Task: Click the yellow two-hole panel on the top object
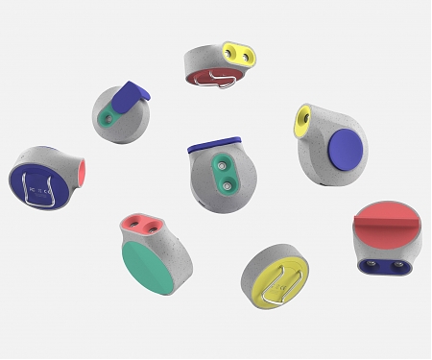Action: pyautogui.click(x=241, y=55)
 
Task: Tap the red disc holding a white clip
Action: pyautogui.click(x=206, y=77)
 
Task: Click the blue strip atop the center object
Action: pyautogui.click(x=214, y=146)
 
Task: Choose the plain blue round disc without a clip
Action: pyautogui.click(x=345, y=152)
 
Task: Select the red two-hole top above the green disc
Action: pyautogui.click(x=141, y=226)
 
